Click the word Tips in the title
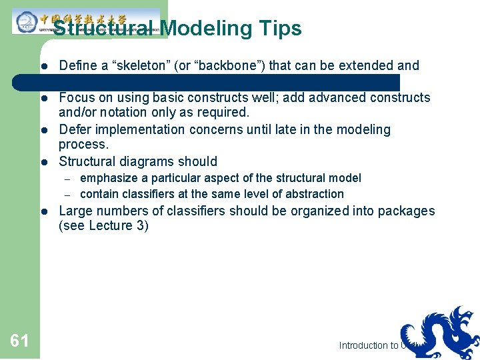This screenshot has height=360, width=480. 280,29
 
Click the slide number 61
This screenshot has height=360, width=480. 19,341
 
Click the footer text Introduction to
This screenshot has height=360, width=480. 369,345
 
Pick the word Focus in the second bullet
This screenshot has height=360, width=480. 77,98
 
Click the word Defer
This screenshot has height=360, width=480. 76,129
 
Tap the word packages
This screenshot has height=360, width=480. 407,211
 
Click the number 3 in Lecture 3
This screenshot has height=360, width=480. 141,226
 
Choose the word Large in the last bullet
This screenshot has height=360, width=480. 76,211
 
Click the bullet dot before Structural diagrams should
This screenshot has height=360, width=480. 42,161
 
